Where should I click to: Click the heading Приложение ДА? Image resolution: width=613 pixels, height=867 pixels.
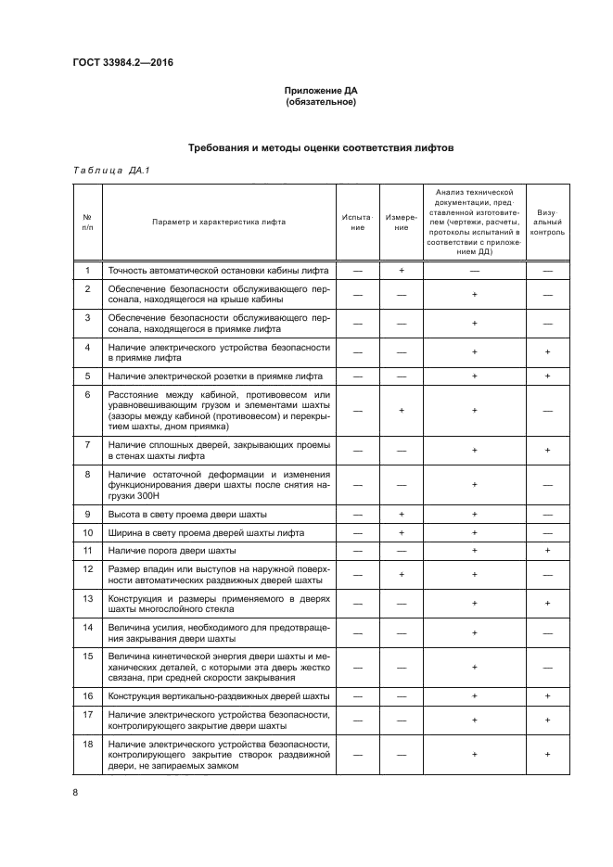point(320,91)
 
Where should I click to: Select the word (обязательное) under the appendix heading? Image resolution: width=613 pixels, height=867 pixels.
point(320,102)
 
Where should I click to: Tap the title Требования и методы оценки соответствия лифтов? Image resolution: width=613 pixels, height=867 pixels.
point(321,147)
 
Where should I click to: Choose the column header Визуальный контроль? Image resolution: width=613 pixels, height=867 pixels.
point(547,222)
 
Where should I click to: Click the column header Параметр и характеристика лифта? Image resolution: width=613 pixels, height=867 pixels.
point(220,222)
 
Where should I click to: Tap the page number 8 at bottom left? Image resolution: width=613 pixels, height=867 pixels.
point(75,791)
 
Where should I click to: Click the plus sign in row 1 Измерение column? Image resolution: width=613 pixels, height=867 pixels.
point(402,270)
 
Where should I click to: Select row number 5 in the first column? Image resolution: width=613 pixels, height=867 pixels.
point(86,376)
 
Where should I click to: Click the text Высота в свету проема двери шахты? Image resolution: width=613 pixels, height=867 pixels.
point(188,514)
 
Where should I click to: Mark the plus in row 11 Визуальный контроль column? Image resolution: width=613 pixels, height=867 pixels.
point(547,550)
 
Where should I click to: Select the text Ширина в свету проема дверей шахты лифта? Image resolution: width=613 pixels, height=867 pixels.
point(206,532)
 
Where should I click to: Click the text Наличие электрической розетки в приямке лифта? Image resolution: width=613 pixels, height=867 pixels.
point(215,376)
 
